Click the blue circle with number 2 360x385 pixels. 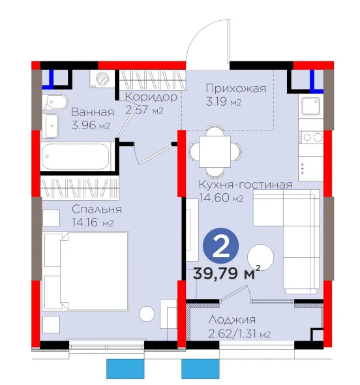pos(220,246)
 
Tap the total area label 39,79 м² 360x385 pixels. pos(226,273)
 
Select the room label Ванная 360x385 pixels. pos(93,112)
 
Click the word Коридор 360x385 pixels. pos(151,97)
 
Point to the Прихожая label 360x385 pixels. pos(236,88)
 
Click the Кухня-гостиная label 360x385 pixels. pos(245,185)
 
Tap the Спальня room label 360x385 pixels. pos(97,209)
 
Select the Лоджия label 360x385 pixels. pos(232,320)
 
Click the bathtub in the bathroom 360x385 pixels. pos(75,157)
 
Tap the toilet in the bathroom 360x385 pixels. pos(55,102)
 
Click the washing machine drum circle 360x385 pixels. pos(102,78)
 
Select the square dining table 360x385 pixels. pos(215,151)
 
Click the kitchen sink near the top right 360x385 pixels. pos(310,106)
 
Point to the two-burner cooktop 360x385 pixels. pos(310,137)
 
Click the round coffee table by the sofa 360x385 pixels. pos(260,257)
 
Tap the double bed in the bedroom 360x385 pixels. pos(86,271)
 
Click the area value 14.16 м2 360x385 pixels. pos(93,223)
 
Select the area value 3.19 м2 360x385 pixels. pos(224,101)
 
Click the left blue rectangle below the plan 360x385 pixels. pos(125,369)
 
